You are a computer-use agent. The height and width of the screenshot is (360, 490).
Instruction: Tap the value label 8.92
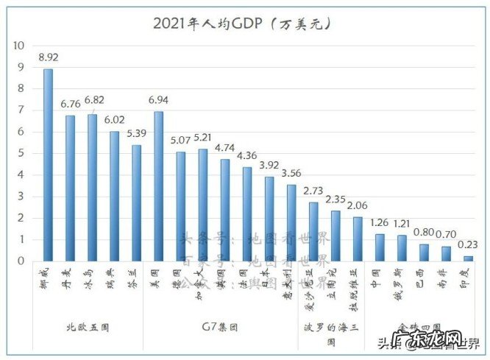[49, 57]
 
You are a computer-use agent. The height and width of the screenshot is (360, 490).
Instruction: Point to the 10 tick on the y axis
[19, 46]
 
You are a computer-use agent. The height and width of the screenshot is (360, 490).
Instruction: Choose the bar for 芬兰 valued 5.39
[136, 202]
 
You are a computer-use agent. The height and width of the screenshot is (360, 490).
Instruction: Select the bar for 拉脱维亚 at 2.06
[358, 239]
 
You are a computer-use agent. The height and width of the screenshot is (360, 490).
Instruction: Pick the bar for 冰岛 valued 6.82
[92, 188]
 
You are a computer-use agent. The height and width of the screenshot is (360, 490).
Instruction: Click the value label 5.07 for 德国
[181, 139]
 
